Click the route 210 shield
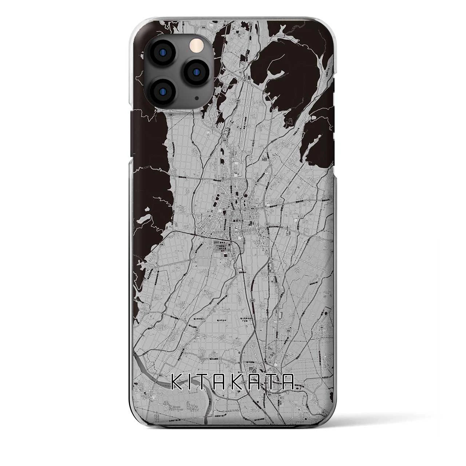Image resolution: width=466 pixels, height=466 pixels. click(x=242, y=230)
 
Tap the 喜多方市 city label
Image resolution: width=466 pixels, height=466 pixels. click(x=237, y=221)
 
